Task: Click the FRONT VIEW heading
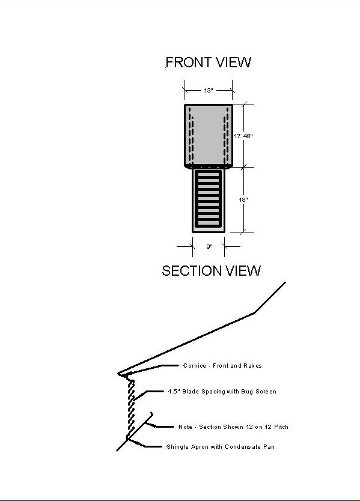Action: tap(208, 62)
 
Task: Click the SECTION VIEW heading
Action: tap(211, 271)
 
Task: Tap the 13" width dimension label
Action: tap(209, 91)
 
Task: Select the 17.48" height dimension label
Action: tap(243, 136)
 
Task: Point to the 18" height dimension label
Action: tap(243, 199)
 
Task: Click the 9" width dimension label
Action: tap(209, 246)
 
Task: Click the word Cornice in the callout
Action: tap(194, 365)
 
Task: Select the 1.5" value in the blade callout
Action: tap(174, 392)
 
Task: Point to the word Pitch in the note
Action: tap(281, 427)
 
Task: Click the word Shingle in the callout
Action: tap(177, 447)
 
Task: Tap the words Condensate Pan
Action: tap(249, 447)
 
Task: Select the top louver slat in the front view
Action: tap(209, 174)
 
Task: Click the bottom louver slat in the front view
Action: tap(209, 223)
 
